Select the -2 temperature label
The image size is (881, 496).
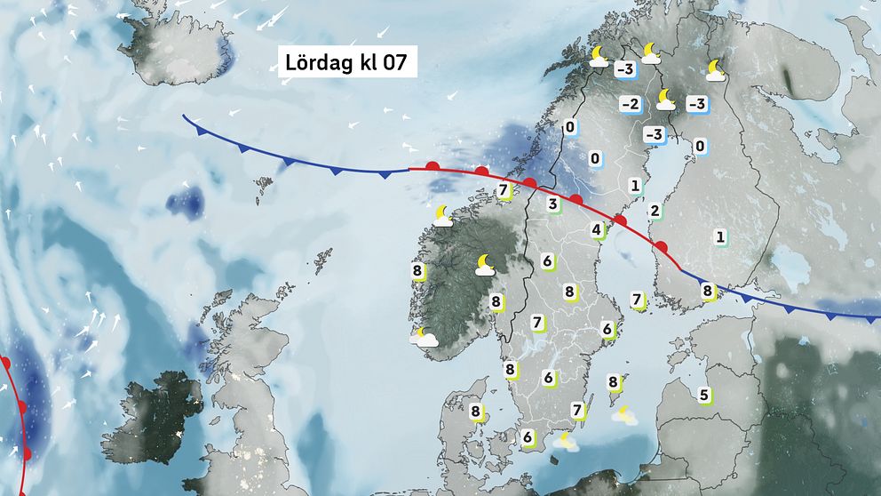(630, 105)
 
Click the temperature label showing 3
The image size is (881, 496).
(552, 205)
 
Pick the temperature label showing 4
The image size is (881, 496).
(597, 231)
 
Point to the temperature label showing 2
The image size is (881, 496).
(655, 211)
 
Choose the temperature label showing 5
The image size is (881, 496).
(704, 395)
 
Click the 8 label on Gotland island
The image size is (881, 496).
(613, 382)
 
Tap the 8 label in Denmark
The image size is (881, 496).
(476, 412)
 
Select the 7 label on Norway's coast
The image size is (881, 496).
(504, 190)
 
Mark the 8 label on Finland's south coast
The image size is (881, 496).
(708, 290)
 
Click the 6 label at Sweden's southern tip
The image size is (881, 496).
(528, 437)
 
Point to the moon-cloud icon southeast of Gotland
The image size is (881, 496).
(625, 414)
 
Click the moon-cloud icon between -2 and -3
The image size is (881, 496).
(664, 99)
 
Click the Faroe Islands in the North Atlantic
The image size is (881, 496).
(264, 186)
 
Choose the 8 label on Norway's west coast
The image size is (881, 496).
(417, 271)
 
